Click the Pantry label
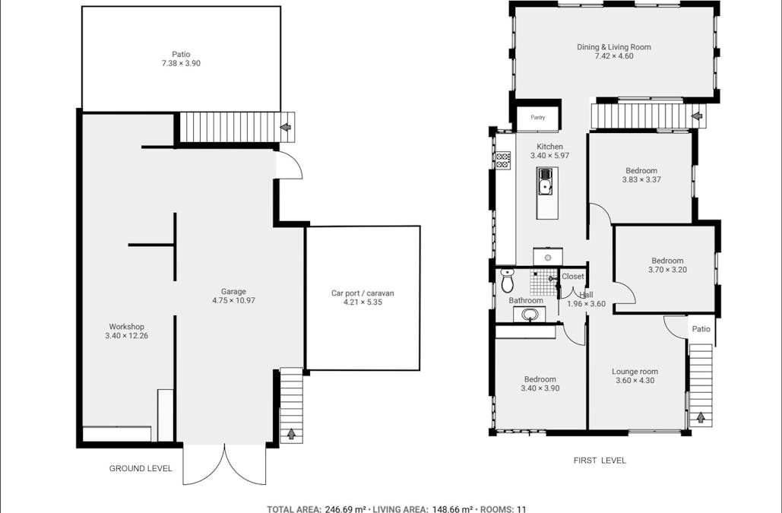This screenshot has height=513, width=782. click(x=538, y=118)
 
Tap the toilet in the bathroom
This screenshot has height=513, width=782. click(x=508, y=281)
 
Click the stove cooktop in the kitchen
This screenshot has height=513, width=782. click(x=503, y=160)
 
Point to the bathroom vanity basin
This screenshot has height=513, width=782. click(x=530, y=315)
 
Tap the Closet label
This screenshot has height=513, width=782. click(x=573, y=277)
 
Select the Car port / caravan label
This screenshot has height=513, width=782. click(x=363, y=293)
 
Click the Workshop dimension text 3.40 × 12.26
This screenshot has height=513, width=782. click(x=126, y=336)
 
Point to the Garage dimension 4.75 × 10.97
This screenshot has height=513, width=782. click(x=233, y=300)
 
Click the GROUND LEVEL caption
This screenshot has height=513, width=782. click(x=141, y=469)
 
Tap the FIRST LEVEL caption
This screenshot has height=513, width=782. click(x=600, y=461)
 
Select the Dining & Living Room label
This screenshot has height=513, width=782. click(x=613, y=47)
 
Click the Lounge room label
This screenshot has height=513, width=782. click(x=635, y=372)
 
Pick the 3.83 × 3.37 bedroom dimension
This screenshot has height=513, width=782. click(x=641, y=180)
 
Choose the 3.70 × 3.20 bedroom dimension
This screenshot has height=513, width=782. click(x=666, y=270)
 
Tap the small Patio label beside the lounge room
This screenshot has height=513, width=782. click(x=701, y=329)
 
